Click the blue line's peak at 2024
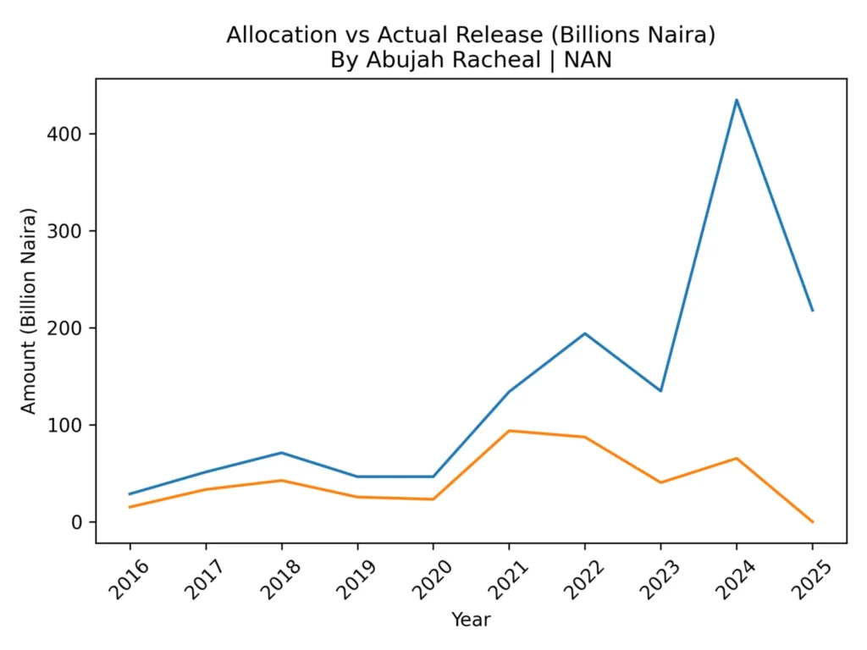point(737,100)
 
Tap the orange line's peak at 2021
point(509,431)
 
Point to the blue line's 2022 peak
point(585,333)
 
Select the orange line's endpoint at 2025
point(812,521)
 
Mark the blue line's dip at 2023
point(660,391)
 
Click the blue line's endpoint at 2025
point(812,311)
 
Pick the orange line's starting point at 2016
point(130,507)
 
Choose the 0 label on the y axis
point(79,522)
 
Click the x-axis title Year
point(471,620)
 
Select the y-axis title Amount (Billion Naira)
point(30,310)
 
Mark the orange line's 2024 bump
point(737,459)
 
